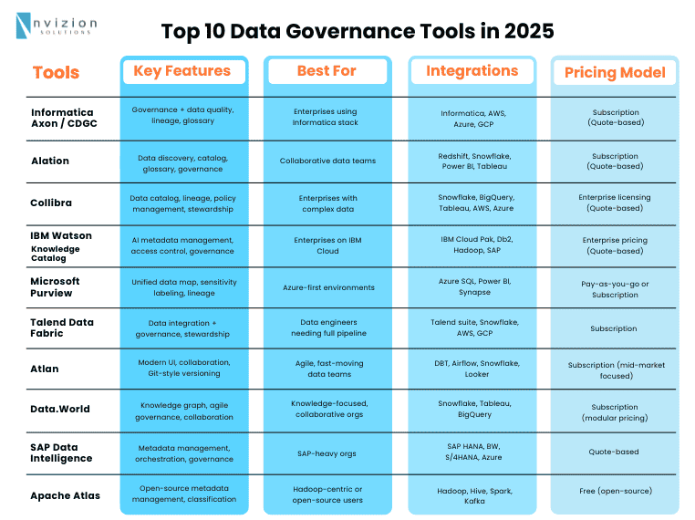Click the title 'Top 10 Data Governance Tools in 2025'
[358, 31]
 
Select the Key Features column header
[182, 71]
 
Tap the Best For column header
[327, 71]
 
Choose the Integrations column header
[472, 71]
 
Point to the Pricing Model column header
[614, 73]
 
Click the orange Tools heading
[56, 73]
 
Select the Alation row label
[50, 161]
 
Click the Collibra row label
[52, 203]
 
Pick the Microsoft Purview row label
[56, 287]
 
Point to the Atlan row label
[45, 369]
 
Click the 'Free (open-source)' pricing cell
[614, 491]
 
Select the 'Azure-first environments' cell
[327, 287]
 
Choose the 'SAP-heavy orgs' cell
[327, 452]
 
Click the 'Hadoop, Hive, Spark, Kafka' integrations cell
[472, 494]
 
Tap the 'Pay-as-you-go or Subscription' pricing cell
[614, 289]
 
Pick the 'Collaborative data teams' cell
[327, 161]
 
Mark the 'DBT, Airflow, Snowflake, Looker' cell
[472, 368]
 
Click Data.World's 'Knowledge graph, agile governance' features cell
[182, 410]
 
